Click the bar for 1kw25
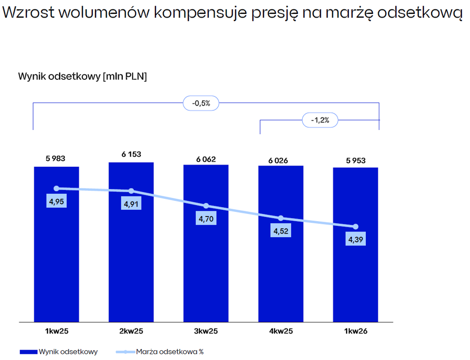pos(56,244)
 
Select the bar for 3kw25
pos(206,243)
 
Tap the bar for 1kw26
pos(355,244)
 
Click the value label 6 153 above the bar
pos(131,154)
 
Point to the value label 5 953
pos(356,161)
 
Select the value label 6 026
pos(278,161)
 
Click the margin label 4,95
pos(56,201)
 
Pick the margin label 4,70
pos(206,219)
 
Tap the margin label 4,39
pos(355,239)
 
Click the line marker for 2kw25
pos(131,191)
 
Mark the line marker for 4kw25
pos(280,218)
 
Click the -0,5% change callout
pos(201,103)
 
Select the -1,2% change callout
pos(320,120)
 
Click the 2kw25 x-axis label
pos(131,331)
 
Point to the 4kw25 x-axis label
pos(281,331)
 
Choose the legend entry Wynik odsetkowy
pos(59,352)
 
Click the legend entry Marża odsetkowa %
pos(160,352)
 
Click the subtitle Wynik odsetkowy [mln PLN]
pos(82,77)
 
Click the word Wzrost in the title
pos(29,12)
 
